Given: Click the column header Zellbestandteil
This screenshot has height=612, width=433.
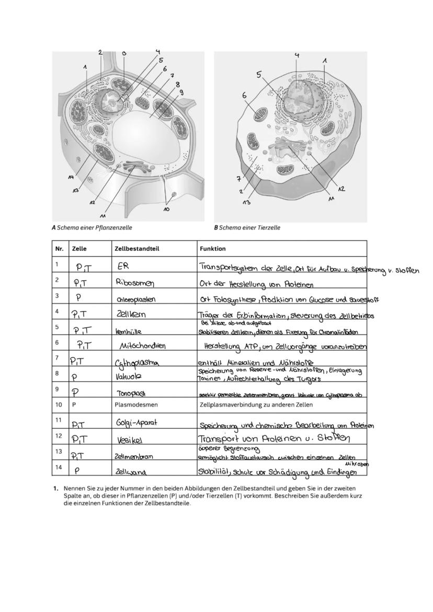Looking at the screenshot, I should click(134, 249).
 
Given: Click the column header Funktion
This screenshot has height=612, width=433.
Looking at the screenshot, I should click(212, 249).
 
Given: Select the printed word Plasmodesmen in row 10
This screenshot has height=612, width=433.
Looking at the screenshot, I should click(136, 405).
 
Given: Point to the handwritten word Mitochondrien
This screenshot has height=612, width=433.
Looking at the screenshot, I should click(143, 345).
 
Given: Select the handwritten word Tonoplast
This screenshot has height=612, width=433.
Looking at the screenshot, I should click(130, 393).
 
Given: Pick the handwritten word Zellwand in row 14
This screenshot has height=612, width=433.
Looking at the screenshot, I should click(131, 471).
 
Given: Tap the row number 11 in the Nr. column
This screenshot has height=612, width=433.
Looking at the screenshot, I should click(59, 420).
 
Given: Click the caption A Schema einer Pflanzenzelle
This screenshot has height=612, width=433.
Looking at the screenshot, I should click(92, 227).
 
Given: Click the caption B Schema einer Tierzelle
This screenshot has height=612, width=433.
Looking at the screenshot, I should click(247, 227).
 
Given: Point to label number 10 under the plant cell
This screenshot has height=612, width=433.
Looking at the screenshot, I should click(166, 209).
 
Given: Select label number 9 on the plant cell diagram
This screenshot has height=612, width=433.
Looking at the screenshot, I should click(181, 92).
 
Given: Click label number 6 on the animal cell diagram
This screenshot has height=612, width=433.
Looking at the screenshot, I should click(244, 96).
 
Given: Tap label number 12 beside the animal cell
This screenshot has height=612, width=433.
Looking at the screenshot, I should click(341, 189).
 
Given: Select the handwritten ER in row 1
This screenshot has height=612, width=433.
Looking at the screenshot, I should click(123, 266).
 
